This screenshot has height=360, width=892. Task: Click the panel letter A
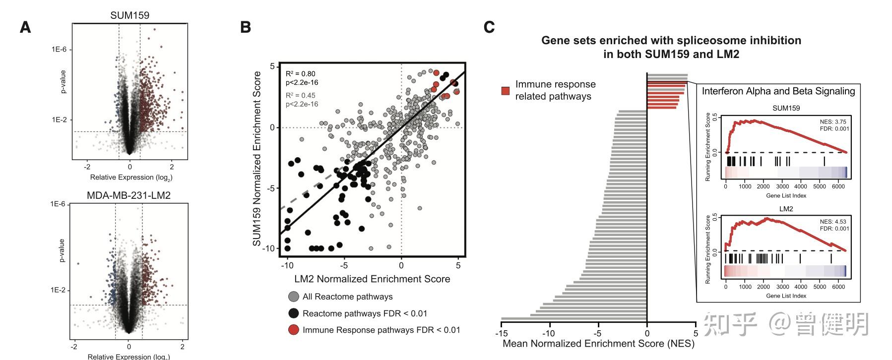click(25, 27)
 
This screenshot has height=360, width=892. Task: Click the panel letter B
click(245, 27)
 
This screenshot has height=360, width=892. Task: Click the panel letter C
click(489, 27)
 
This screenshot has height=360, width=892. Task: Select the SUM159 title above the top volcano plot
click(129, 15)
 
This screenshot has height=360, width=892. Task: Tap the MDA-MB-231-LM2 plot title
click(128, 195)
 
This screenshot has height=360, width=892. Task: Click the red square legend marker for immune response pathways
click(505, 91)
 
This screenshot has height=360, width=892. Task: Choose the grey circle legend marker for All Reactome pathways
click(294, 297)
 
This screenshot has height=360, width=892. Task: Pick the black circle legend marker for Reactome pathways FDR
click(294, 313)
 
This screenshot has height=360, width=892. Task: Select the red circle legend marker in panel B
click(294, 330)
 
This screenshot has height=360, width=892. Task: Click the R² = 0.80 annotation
click(300, 74)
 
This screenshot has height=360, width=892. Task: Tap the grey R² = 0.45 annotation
click(300, 95)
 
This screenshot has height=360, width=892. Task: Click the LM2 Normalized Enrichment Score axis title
click(372, 279)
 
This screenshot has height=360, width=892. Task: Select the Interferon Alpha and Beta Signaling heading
click(778, 91)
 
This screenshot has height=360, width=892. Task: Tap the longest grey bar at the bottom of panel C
click(573, 319)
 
